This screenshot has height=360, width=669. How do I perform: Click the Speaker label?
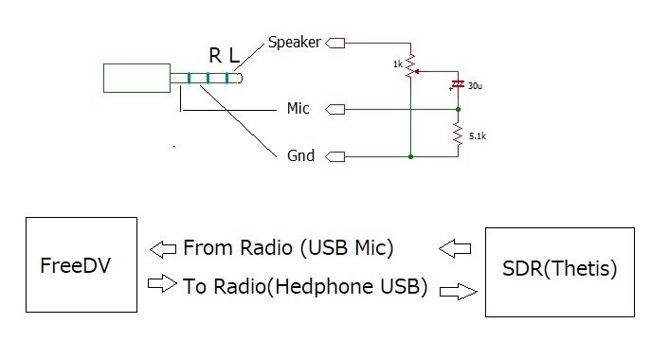pos(295,43)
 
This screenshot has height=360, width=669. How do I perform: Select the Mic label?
pos(298,109)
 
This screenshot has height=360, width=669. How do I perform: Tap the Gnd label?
pos(300,155)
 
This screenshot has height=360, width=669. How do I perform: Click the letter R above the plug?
pos(214,57)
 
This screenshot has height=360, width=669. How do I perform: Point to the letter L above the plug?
pos(234,57)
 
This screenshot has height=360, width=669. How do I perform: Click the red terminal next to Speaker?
pos(335,43)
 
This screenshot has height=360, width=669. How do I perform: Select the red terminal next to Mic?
pos(335,109)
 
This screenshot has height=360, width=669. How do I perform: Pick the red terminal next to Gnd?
pos(335,155)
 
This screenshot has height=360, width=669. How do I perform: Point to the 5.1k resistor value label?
pos(476,135)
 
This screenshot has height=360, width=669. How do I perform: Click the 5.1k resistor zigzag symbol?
pos(459,135)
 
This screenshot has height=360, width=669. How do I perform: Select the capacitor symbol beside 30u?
pos(459,85)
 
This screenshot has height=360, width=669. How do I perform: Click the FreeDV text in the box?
pos(76,266)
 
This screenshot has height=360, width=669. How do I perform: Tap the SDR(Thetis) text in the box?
pos(559,268)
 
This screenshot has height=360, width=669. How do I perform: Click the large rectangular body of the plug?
pos(136,78)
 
